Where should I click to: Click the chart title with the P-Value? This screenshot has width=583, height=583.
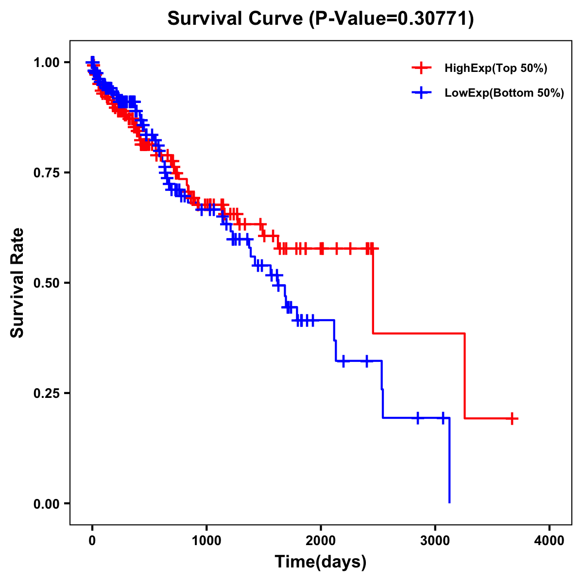coord(321,18)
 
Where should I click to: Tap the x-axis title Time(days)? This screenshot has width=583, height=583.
coord(321,562)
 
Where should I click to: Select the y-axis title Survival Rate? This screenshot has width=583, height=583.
coord(18,283)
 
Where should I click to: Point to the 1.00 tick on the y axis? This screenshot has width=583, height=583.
coord(47,63)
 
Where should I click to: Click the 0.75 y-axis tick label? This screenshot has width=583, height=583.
coord(47,173)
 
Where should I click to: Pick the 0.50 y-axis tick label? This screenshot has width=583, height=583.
coord(47,283)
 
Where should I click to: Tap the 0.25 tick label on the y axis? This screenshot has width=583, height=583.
coord(47,394)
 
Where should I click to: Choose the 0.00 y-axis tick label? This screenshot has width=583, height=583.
coord(47,504)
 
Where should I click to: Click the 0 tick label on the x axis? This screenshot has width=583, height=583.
coord(92,540)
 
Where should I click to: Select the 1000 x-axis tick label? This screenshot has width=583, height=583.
coord(206,540)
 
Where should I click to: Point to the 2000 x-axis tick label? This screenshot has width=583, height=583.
coord(321,540)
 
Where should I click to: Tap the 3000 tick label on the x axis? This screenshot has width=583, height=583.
coord(435,540)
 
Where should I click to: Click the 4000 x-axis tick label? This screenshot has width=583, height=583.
coord(549,540)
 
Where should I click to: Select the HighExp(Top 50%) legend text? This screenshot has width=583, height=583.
coord(496,69)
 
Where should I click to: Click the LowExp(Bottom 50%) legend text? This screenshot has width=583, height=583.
coord(504,93)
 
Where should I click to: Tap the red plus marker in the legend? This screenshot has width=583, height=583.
coord(422,69)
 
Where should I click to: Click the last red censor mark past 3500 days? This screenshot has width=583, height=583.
coord(512,418)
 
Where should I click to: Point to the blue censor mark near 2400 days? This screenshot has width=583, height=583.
coord(366,360)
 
